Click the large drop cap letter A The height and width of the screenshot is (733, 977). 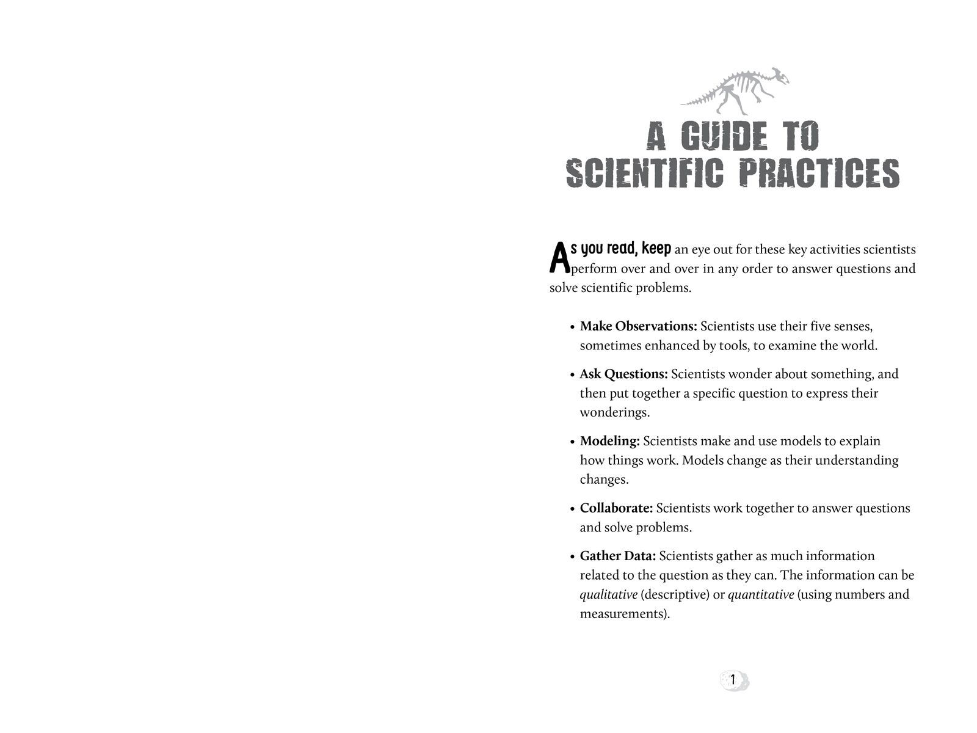pos(559,258)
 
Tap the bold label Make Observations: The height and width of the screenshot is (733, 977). pos(638,326)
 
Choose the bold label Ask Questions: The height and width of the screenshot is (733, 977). pos(623,374)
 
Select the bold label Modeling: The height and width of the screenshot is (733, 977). pos(609,441)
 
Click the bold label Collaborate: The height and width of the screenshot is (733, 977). pos(616,508)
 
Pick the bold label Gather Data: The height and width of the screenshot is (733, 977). pos(617,556)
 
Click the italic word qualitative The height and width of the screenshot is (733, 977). pos(608,594)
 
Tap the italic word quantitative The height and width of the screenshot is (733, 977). pos(761,594)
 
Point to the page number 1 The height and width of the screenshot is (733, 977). pos(733,680)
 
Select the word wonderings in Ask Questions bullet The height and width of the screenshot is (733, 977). pos(614,412)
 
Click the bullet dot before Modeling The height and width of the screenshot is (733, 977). pos(572,442)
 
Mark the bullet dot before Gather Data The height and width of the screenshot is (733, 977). pos(572,557)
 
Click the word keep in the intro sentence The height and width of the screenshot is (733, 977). pos(656,249)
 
